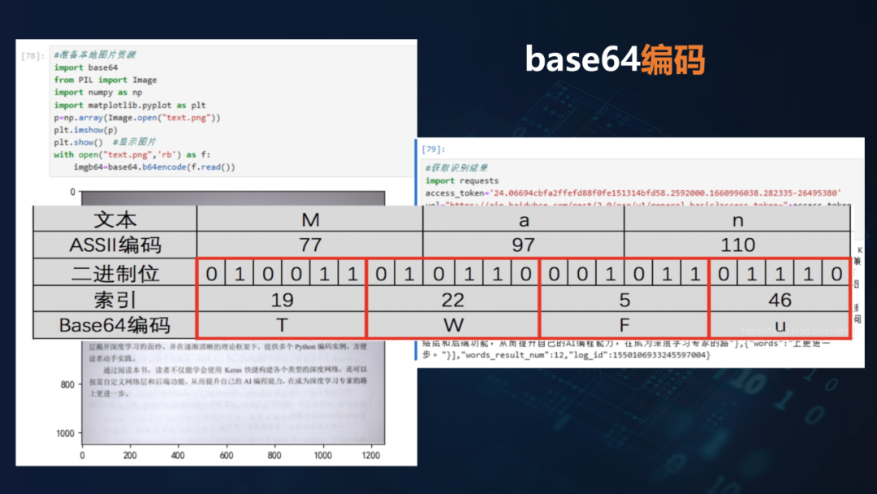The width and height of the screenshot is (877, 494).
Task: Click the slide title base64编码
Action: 614,60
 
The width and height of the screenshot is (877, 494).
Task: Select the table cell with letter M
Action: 309,219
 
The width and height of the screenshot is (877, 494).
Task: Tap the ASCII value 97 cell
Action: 523,245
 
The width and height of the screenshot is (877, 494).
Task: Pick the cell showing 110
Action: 737,245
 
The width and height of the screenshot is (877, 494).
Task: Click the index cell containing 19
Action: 282,300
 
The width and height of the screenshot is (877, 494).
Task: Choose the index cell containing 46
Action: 780,300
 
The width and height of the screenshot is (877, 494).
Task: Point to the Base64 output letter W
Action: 452,325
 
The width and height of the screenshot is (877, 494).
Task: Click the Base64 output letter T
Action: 282,325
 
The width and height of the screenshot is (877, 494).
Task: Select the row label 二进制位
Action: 114,273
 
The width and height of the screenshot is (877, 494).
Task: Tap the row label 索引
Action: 114,300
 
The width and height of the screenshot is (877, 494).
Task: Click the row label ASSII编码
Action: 114,245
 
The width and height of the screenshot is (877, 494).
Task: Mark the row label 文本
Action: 114,219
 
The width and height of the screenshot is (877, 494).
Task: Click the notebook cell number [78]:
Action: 32,56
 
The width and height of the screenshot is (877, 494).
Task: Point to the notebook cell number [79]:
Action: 434,149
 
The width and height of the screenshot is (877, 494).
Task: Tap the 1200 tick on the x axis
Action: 372,457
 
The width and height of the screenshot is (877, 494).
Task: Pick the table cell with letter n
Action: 737,219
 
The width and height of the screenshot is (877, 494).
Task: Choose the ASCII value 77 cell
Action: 309,245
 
